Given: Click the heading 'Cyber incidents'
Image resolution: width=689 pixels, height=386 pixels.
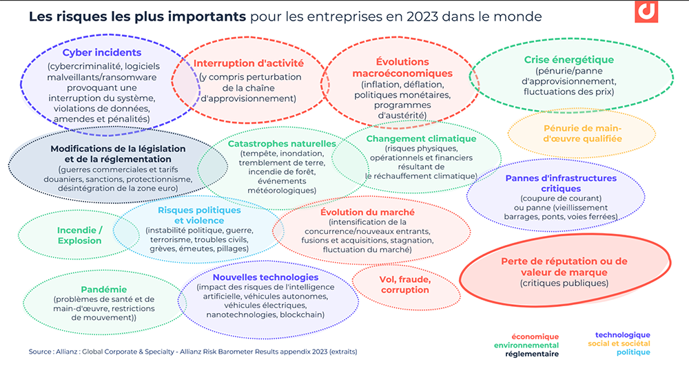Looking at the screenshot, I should [x=101, y=52].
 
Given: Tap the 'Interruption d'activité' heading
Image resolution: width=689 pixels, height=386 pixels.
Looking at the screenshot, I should [x=248, y=63].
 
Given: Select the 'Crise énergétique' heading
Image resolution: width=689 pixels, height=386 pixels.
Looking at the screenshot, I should [x=568, y=60].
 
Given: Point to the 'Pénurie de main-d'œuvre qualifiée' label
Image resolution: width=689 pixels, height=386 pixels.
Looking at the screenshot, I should [x=582, y=133].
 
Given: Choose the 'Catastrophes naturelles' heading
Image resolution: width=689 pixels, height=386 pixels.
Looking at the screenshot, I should [x=281, y=144].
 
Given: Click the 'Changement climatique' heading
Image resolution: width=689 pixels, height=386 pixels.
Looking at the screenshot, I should [x=421, y=138].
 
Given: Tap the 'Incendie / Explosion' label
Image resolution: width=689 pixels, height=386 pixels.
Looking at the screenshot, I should [x=79, y=235].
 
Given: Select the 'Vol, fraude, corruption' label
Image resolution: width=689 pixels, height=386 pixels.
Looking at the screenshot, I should [x=405, y=284].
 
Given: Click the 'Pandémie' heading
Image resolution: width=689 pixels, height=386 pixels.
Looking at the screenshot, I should [x=104, y=289].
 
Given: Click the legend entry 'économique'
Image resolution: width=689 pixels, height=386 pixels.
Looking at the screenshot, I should [x=536, y=336].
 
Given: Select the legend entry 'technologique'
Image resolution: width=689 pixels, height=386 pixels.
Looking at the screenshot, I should [x=622, y=335].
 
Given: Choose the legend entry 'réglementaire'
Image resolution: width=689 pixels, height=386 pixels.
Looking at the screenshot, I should [x=531, y=354].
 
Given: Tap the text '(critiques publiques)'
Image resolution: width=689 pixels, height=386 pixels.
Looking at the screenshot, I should [x=564, y=283].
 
